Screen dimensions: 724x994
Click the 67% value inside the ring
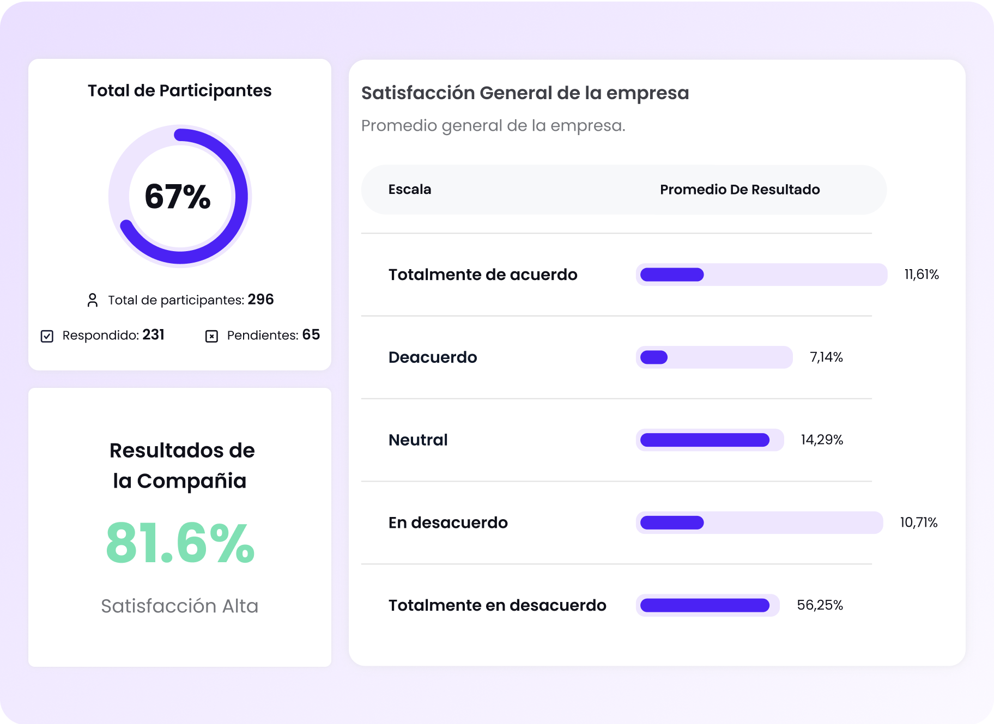[178, 197]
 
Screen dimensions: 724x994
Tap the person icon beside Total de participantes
[93, 300]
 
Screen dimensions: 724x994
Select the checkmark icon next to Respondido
[47, 336]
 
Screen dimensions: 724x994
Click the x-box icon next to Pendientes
[211, 336]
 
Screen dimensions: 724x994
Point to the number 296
[260, 300]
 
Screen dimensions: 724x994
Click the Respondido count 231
[153, 334]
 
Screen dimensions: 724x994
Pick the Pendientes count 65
[311, 334]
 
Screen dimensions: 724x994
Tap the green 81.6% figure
[180, 543]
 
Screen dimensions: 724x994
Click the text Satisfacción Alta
[180, 606]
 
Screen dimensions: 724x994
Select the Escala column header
[410, 190]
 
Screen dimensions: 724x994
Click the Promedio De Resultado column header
[740, 190]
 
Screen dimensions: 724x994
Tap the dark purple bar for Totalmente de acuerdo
[672, 275]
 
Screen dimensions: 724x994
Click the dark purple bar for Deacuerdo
[654, 357]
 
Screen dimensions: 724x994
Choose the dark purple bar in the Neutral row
[705, 440]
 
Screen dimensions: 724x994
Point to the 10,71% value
[919, 523]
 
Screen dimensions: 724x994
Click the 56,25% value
[820, 605]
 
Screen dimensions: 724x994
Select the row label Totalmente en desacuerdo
[497, 605]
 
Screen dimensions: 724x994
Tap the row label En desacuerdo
[448, 523]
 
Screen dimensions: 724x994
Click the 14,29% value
[822, 440]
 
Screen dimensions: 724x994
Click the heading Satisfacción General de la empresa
[525, 93]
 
